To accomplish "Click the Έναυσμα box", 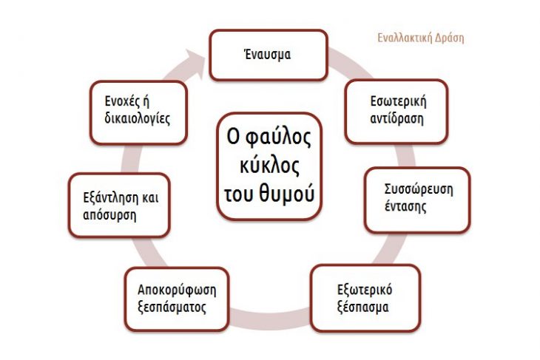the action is point(269,55).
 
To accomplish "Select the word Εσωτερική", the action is point(398,101).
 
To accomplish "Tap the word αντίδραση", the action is point(396,118).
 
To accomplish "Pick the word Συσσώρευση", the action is point(419,189).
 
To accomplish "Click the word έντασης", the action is point(405,206).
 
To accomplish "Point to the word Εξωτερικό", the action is point(365,290).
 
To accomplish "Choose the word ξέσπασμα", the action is point(363,307).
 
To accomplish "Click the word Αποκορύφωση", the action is point(177,290).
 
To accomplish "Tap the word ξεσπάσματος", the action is point(172,307).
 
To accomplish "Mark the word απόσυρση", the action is point(109,215).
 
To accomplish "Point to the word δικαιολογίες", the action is point(138,118).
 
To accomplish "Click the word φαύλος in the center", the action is point(278,137).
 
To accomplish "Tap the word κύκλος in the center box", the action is point(269,165).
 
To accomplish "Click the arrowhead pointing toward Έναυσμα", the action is point(196,63).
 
